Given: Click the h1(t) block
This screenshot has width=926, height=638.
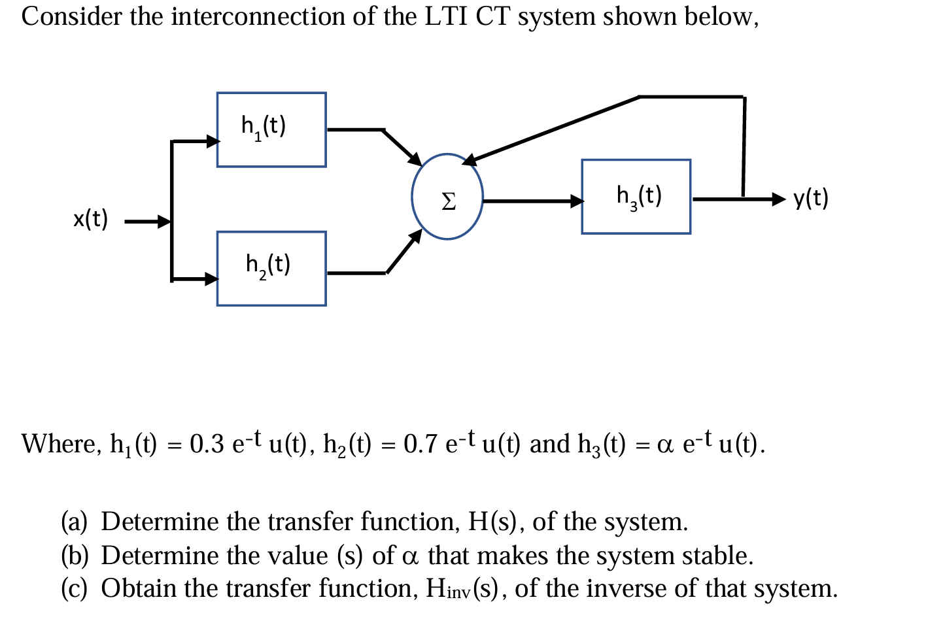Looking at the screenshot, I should (x=271, y=129).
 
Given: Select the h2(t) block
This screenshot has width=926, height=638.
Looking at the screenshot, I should (x=271, y=268).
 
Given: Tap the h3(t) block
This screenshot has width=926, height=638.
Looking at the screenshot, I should (x=636, y=196).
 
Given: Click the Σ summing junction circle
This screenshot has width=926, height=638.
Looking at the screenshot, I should (x=447, y=197).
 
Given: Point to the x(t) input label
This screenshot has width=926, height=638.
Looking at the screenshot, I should (x=90, y=219).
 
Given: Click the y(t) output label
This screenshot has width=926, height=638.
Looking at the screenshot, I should (x=811, y=197).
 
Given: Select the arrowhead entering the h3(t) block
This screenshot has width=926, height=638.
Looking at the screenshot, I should (x=576, y=201).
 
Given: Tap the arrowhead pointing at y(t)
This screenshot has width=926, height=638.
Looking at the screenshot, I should (x=778, y=198).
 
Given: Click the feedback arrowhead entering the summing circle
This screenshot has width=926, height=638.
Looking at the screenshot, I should (x=470, y=159).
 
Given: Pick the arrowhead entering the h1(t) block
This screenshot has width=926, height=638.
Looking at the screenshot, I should (x=212, y=141).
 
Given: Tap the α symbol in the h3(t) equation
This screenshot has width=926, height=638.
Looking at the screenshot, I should (x=665, y=446).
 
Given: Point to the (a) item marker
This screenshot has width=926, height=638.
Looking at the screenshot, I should (x=74, y=522).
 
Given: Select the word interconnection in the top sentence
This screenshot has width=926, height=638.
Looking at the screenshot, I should (x=258, y=16).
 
